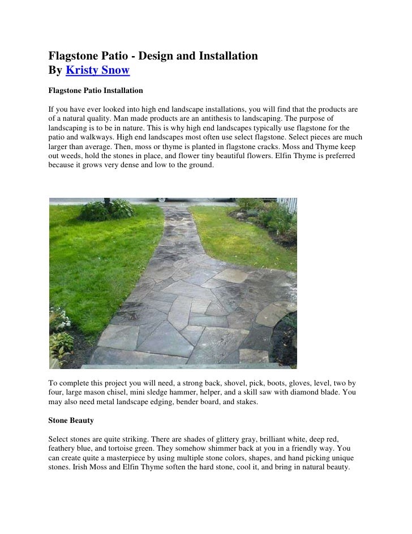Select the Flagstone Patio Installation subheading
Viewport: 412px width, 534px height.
pos(95,91)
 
